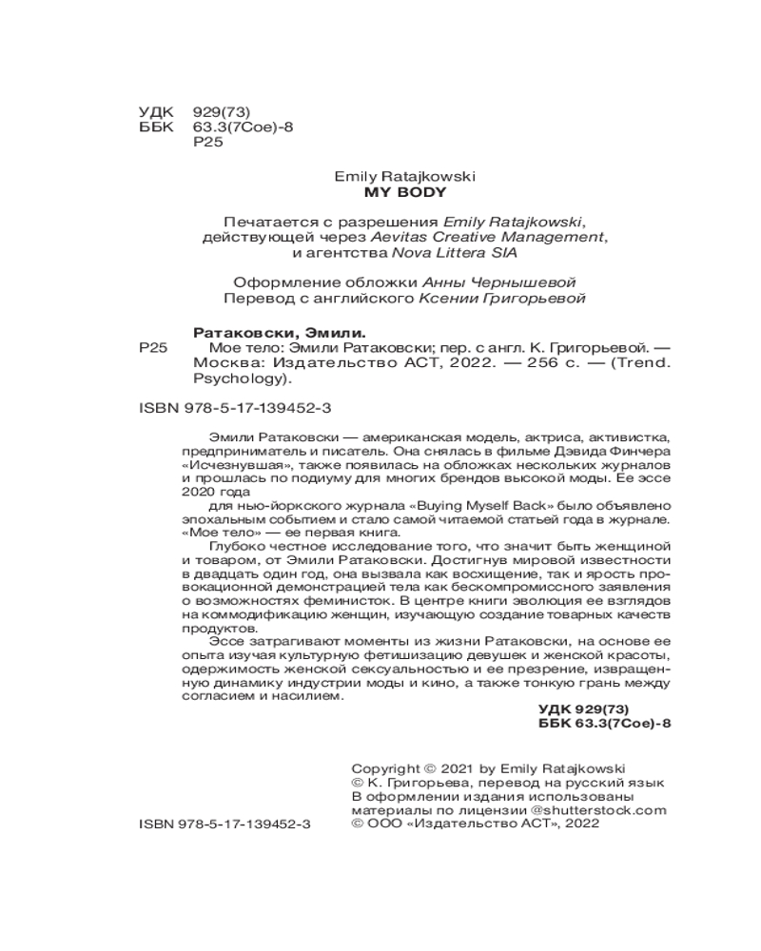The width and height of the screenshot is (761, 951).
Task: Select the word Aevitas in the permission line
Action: [x=434, y=236]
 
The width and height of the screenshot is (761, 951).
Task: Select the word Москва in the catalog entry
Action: [x=219, y=364]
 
